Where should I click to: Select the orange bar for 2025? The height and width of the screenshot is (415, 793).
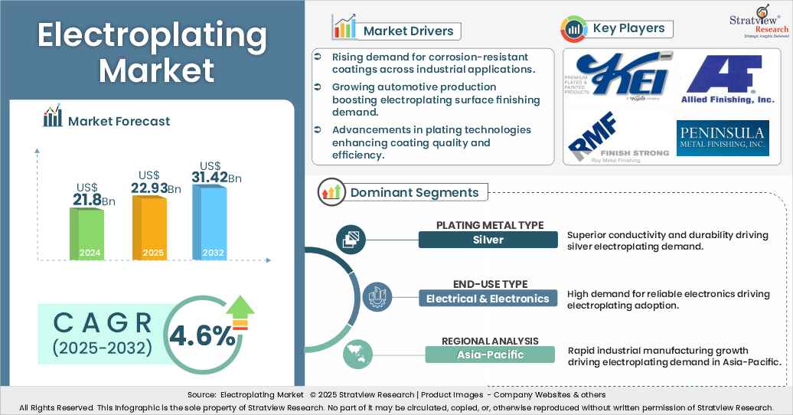(x=149, y=228)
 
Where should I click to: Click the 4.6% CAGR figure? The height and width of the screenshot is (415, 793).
(x=202, y=335)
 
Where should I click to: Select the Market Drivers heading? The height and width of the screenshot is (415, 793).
(x=408, y=31)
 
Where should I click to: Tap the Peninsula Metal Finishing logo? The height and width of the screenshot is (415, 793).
(x=721, y=138)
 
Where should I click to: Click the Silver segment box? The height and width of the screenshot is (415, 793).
(x=488, y=240)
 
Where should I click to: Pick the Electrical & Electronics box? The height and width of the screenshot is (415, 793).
(x=488, y=299)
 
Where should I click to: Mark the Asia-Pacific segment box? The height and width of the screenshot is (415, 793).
(x=490, y=354)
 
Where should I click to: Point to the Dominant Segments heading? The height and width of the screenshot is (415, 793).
(x=414, y=192)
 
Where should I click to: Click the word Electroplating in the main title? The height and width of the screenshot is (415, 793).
(x=152, y=36)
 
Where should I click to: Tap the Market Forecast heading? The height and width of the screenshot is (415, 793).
(x=119, y=120)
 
